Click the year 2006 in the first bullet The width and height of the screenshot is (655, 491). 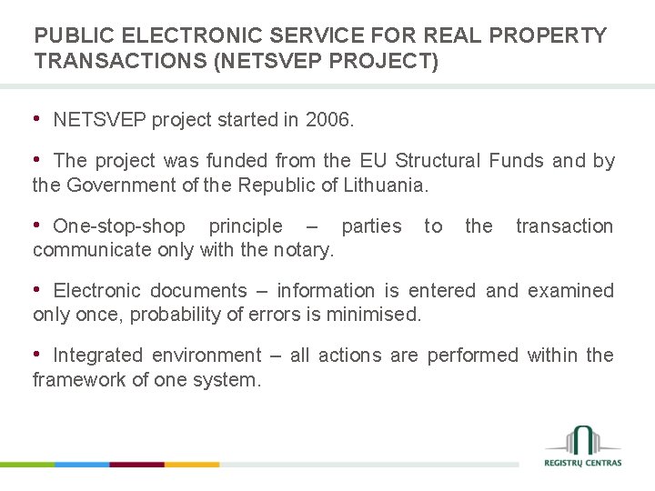click(327, 120)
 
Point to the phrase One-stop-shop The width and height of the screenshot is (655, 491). click(119, 226)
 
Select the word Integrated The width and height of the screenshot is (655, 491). click(102, 356)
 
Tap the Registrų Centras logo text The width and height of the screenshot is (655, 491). click(583, 463)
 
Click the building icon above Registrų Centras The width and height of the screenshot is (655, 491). click(583, 438)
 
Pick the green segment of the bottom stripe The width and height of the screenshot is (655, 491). click(27, 464)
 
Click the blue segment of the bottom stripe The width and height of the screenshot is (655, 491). click(82, 464)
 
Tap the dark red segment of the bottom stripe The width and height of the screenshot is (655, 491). click(136, 464)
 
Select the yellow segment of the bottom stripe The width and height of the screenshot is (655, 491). click(192, 464)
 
